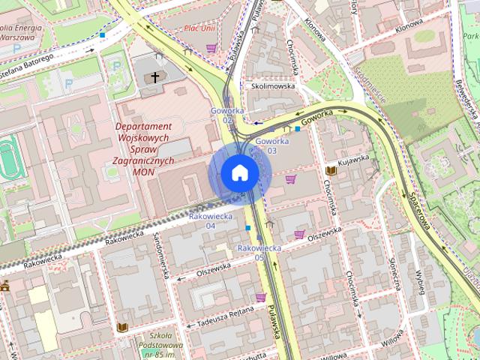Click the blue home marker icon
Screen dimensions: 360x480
pyautogui.click(x=239, y=173)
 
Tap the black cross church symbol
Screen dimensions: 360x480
pyautogui.click(x=156, y=76)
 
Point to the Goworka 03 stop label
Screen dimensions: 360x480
pyautogui.click(x=271, y=145)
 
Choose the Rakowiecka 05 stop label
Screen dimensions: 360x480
pyautogui.click(x=259, y=252)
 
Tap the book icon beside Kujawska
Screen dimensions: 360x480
pyautogui.click(x=331, y=171)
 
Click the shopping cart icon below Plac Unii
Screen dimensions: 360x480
pyautogui.click(x=211, y=48)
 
